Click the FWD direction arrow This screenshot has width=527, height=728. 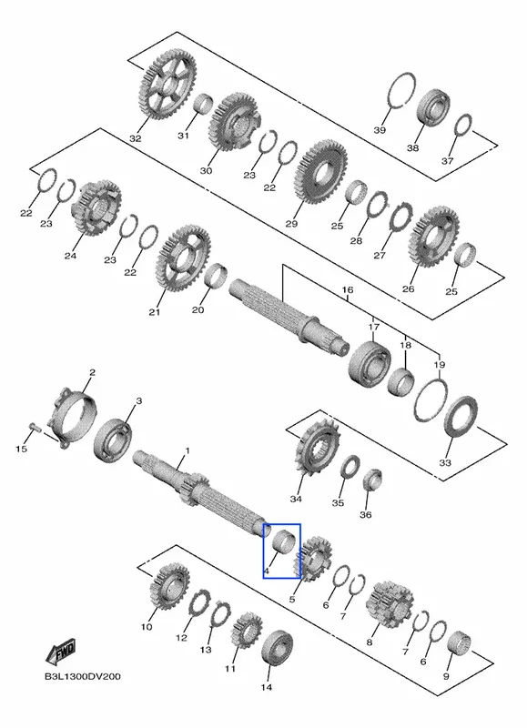pos(61,652)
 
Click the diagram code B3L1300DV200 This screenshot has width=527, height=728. pos(83,676)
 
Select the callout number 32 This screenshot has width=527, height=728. pos(136,138)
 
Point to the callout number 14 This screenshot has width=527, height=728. pos(267,687)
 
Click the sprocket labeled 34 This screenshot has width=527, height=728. pos(318,448)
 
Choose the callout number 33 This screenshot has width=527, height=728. pos(445,462)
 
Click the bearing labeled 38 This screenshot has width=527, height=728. pos(433,107)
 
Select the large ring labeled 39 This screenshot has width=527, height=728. pos(400,91)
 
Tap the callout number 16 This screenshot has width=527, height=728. pos(348,290)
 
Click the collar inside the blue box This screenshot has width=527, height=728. pos(283,541)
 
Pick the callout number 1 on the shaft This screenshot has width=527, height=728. pos(187,450)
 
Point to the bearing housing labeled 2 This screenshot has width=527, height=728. pos(75,417)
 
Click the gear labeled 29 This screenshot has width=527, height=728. pos(321,171)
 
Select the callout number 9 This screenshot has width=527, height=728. pos(446,676)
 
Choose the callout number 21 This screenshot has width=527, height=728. pos(154,312)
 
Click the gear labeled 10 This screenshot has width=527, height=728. pos(169,586)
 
